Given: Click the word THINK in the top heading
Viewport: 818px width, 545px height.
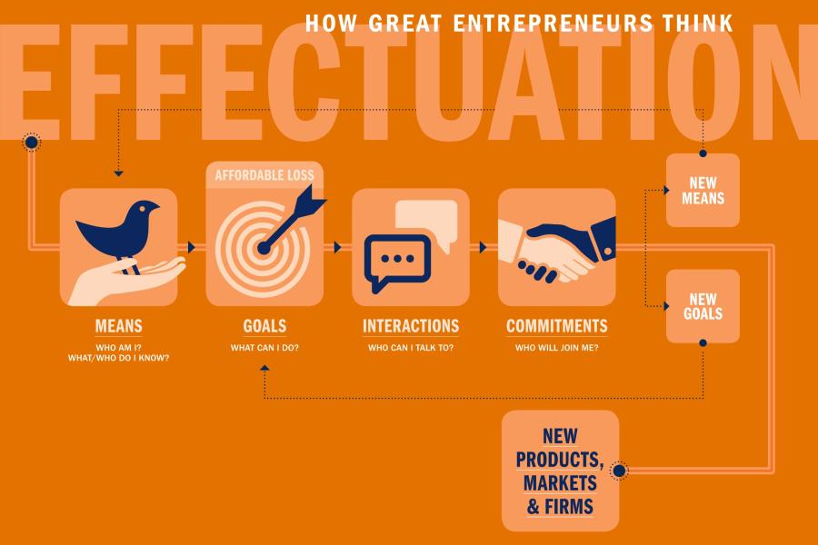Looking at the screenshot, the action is (x=698, y=23).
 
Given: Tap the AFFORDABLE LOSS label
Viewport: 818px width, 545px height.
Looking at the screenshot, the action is (x=264, y=175).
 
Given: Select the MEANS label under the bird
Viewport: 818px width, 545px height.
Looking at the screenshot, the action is (x=118, y=326).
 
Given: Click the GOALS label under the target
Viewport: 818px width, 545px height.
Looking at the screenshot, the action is (x=264, y=326).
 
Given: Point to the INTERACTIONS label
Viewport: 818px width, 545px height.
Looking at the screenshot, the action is (x=411, y=326).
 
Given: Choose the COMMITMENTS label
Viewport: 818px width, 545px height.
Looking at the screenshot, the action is (x=556, y=326).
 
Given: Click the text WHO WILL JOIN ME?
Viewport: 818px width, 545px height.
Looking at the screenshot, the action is (x=556, y=347).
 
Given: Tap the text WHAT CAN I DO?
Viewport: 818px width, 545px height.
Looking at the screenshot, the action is (x=264, y=347).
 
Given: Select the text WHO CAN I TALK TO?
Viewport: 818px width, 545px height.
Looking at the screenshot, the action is (x=411, y=347).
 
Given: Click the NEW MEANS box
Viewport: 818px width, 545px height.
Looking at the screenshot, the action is (x=703, y=191).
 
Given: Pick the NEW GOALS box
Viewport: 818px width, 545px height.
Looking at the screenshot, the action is (x=703, y=306).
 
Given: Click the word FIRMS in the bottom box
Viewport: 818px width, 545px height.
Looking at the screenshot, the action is (x=569, y=507).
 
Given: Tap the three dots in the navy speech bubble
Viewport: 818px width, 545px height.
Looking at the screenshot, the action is (x=397, y=258).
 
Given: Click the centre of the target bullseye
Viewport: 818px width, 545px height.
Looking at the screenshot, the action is (x=264, y=248).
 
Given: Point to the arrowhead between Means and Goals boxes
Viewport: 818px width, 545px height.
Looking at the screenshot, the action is (x=192, y=247).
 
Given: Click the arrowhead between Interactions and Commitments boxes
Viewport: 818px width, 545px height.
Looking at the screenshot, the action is (x=484, y=247).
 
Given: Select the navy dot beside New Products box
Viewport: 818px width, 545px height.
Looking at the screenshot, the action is (x=619, y=471).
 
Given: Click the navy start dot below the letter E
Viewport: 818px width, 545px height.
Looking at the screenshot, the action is (x=31, y=142).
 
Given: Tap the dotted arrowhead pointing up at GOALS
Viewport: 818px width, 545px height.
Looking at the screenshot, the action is (x=264, y=368).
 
